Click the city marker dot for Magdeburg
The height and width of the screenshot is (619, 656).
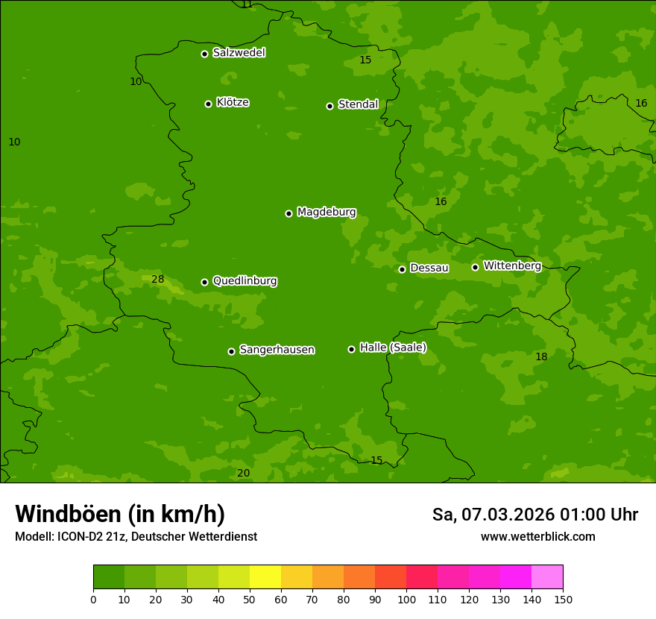point(288,213)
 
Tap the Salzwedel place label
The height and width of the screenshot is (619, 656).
point(239,53)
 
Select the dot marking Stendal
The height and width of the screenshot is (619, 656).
point(329,106)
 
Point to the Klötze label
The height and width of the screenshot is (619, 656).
point(233,102)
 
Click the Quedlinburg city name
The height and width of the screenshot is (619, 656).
point(245,281)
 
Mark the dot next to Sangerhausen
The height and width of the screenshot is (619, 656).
point(231,351)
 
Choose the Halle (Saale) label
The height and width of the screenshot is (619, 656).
point(393,348)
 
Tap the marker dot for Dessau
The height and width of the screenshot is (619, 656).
point(402,269)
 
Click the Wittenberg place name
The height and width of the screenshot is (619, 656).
point(512,265)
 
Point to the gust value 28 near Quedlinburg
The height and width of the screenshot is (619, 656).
point(158,280)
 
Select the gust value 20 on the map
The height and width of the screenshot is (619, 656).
point(243,474)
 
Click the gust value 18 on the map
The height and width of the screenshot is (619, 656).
point(541,357)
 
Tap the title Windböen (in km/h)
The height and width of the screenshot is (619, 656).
point(120,514)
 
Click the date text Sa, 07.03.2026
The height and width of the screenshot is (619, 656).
point(493,515)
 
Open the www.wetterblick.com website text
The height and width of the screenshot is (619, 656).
point(537,537)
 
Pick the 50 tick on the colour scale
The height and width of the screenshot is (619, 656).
point(250,599)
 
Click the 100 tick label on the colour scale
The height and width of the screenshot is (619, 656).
point(406,599)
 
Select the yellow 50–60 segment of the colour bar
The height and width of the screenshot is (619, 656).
point(265,577)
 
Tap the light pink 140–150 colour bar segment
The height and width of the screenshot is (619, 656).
point(547,577)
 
